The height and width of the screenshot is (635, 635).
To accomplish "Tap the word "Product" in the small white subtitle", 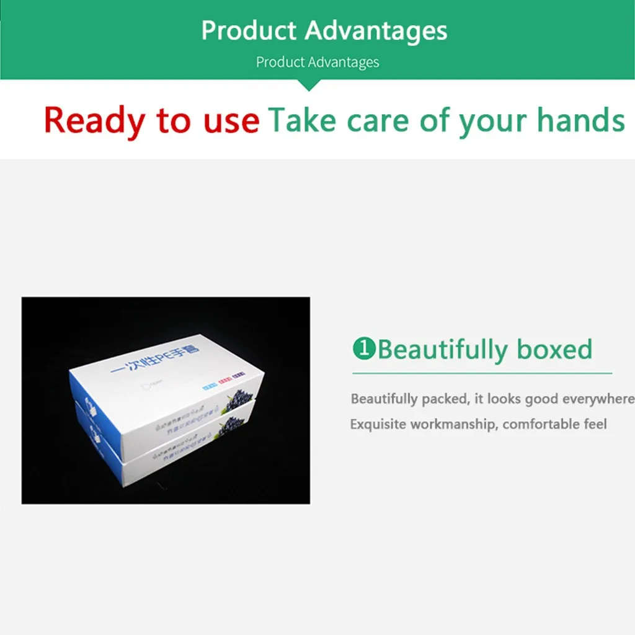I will [280, 62].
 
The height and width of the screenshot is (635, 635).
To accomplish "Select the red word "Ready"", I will [94, 120].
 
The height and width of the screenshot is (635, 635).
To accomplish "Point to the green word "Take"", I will [303, 120].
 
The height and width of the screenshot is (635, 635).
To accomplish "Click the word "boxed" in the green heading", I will [555, 349].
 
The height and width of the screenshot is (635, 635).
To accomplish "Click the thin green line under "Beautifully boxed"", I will [482, 373].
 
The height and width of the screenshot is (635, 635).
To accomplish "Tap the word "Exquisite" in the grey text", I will [378, 425].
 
